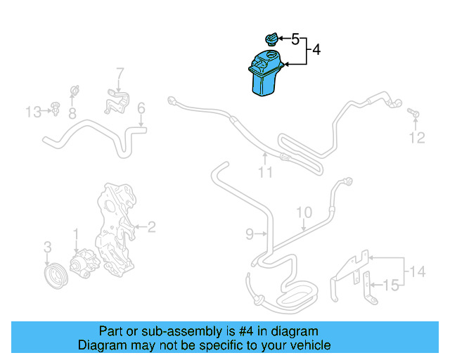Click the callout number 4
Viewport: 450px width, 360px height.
coord(316,50)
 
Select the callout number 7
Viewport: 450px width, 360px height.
coord(120,72)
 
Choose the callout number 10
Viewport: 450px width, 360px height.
coord(303,212)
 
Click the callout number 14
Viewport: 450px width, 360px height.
coord(418,271)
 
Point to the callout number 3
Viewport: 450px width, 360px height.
coord(47,247)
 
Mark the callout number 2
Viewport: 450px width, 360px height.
coord(150,226)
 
